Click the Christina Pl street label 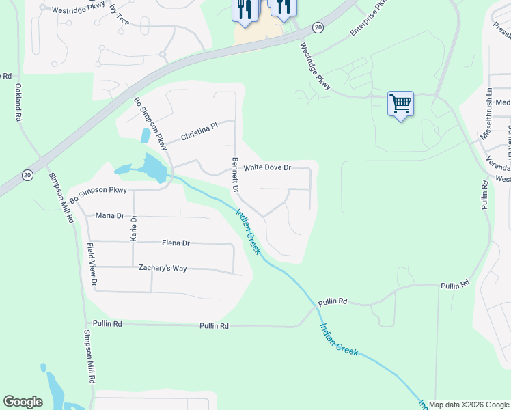point(199,133)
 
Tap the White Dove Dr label point(268,167)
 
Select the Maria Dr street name point(109,215)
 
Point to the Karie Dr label point(134,228)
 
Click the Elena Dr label point(176,243)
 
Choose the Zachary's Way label point(163,268)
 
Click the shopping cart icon point(400,105)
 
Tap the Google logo point(23,402)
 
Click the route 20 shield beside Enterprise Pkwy point(318,27)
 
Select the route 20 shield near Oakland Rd point(27,175)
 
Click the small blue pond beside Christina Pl point(145,135)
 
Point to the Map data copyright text point(468,405)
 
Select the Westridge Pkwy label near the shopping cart point(316,66)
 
